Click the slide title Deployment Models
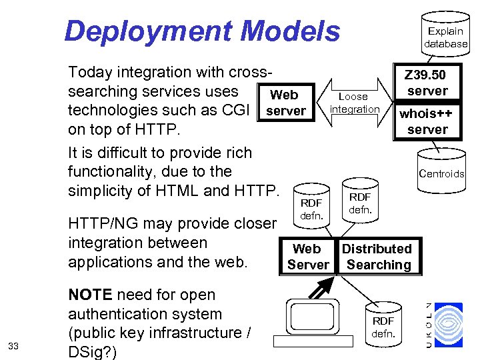(202, 31)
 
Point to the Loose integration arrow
(354, 103)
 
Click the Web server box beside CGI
(285, 103)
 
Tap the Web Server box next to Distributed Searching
(308, 257)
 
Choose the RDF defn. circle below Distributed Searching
(383, 326)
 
